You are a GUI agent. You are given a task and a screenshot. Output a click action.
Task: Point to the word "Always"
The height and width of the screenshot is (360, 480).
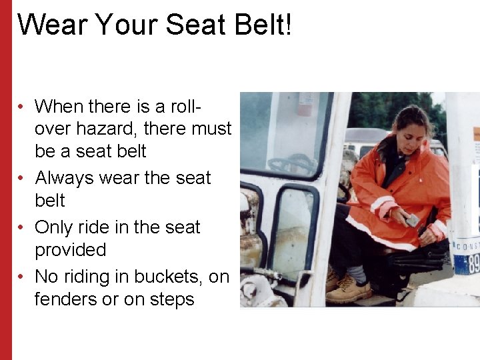click(x=65, y=178)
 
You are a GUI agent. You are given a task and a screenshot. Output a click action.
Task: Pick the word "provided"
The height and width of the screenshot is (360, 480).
click(x=70, y=250)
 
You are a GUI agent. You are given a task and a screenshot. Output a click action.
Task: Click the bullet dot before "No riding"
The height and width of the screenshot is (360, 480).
click(x=22, y=277)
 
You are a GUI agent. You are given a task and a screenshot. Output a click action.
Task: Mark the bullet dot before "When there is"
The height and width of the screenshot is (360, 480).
click(x=22, y=107)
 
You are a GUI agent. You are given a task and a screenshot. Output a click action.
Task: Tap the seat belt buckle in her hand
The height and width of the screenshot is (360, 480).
click(x=412, y=219)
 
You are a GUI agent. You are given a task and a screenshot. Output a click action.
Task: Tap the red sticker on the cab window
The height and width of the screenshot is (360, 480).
click(x=306, y=103)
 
